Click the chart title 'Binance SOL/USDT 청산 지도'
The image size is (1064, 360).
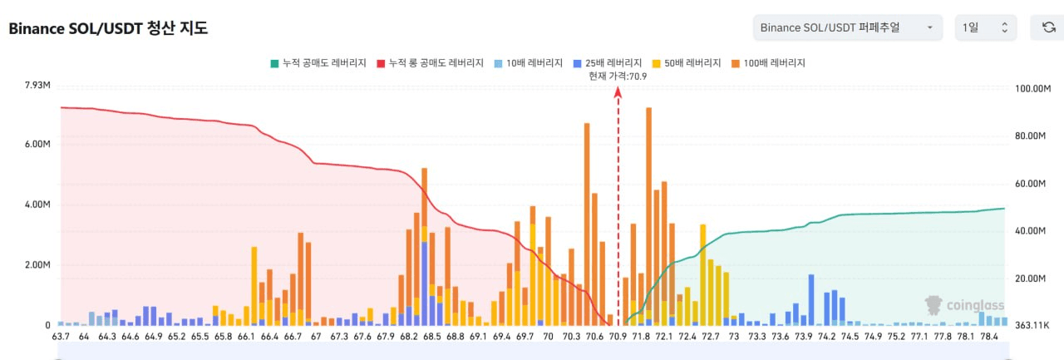point(108,28)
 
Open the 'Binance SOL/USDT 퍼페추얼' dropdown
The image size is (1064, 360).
point(847,27)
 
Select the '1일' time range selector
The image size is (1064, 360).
point(986,27)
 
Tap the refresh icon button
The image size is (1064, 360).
point(1048,27)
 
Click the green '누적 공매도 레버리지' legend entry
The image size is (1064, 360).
point(318,63)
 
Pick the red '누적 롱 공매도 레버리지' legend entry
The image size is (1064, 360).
point(430,63)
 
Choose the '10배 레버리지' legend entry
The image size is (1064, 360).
point(528,63)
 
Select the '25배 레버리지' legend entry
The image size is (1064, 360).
point(608,63)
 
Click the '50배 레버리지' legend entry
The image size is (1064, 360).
point(687,63)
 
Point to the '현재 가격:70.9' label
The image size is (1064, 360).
point(618,76)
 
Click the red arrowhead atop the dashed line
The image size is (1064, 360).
point(618,92)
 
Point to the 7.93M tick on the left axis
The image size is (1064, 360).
point(37,85)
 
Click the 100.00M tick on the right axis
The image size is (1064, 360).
point(1032,88)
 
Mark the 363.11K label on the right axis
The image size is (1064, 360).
point(1032,325)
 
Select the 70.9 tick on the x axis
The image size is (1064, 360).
point(618,336)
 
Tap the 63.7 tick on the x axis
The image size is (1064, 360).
point(61,336)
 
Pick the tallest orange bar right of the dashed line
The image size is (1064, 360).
point(649,216)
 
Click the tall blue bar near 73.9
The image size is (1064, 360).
point(811,299)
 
